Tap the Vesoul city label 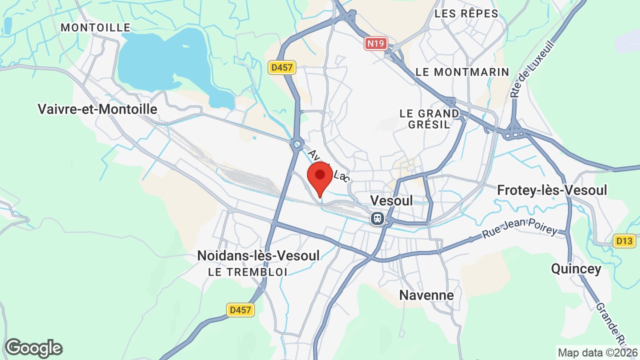point(391,200)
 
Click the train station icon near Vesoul point(377,218)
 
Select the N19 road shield point(375,43)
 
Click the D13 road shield point(624,240)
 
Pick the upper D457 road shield point(282,67)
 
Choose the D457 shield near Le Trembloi point(240,310)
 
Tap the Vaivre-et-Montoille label point(97,109)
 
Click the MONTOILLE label point(95,28)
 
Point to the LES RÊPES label point(466,13)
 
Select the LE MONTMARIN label point(462,72)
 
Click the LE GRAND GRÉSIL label point(429,119)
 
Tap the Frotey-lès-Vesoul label point(552,190)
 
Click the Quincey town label point(576,268)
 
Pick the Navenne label point(426,295)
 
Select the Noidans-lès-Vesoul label point(258,255)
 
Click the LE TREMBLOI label point(248,272)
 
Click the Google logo point(33,348)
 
